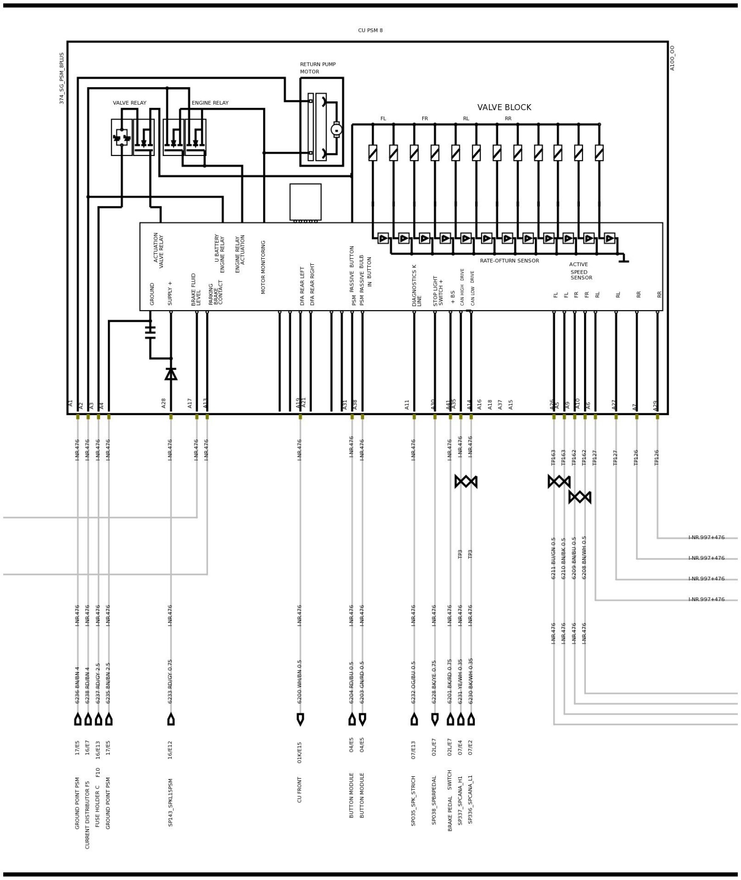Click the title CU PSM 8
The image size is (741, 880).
370,31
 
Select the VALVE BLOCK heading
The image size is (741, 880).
504,107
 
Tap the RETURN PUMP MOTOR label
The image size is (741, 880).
317,68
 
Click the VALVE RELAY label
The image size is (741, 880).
129,103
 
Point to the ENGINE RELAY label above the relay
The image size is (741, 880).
210,103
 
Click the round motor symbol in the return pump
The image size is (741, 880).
336,130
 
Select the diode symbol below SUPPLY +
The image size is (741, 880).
171,374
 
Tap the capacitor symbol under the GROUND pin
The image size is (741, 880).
150,332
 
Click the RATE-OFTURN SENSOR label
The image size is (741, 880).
509,261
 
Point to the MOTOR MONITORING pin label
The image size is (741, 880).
263,267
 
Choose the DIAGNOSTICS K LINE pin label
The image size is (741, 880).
417,285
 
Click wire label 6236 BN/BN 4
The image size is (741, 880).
77,685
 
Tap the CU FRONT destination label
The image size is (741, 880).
300,789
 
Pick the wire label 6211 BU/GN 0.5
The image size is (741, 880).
553,558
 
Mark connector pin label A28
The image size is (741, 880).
163,403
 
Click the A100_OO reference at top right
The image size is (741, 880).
672,58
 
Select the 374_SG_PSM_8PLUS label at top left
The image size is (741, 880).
62,78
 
